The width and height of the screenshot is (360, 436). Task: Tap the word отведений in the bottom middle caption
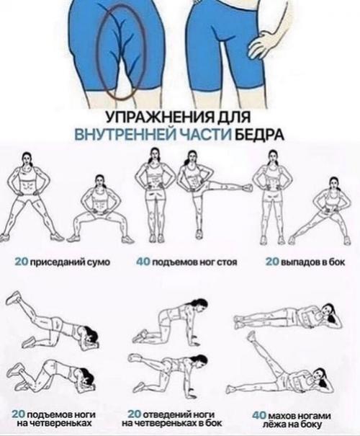pos(164,414)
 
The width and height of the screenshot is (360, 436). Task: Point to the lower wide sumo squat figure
pos(100,213)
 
